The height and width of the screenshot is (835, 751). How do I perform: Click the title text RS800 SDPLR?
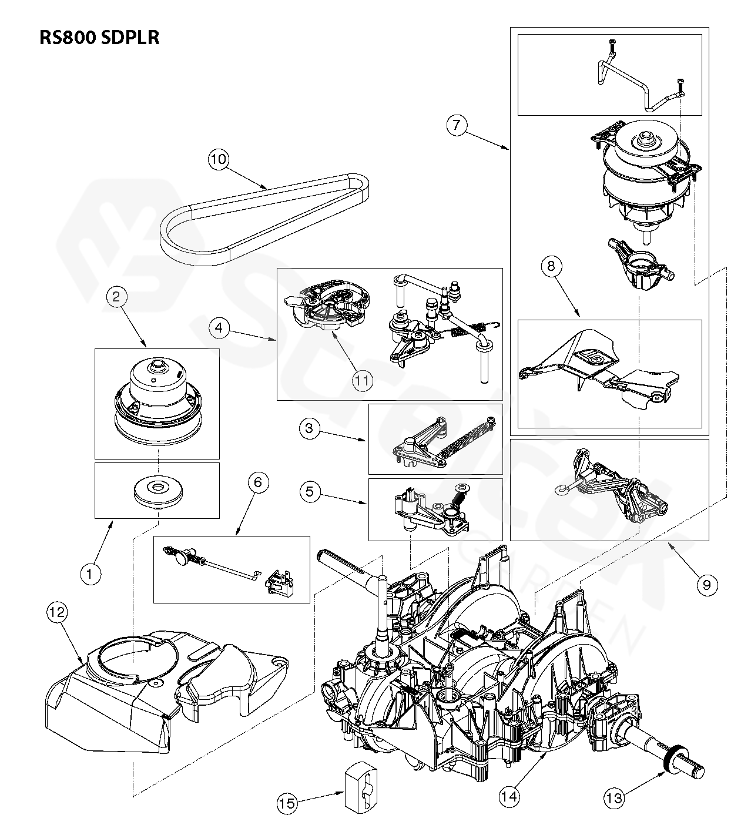pyautogui.click(x=99, y=38)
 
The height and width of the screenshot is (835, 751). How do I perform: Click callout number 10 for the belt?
pyautogui.click(x=219, y=160)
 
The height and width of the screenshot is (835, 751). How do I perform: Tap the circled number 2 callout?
pyautogui.click(x=116, y=297)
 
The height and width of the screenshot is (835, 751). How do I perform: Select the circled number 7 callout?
pyautogui.click(x=457, y=125)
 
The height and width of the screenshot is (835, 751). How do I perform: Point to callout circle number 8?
pyautogui.click(x=551, y=267)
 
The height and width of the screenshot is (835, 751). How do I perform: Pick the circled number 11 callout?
pyautogui.click(x=363, y=380)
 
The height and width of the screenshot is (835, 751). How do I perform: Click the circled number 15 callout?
pyautogui.click(x=288, y=803)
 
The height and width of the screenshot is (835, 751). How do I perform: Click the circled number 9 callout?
pyautogui.click(x=706, y=584)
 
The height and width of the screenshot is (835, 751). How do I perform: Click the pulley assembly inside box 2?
pyautogui.click(x=157, y=400)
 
